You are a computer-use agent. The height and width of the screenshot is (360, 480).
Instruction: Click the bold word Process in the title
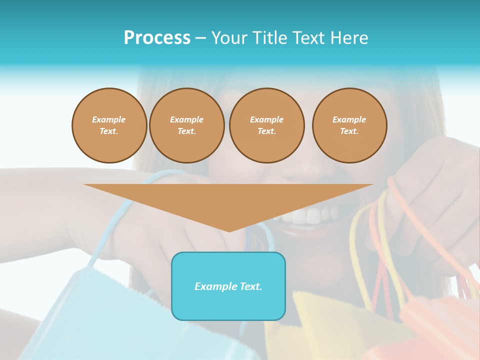(157, 38)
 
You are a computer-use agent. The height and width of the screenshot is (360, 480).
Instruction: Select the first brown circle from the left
(109, 125)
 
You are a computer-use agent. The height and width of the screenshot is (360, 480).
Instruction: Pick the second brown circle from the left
(186, 125)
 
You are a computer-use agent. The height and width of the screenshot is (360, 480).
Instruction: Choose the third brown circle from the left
(266, 125)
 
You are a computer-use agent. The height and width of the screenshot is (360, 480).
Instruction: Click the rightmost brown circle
(349, 125)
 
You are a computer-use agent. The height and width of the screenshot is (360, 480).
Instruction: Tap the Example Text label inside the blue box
(228, 286)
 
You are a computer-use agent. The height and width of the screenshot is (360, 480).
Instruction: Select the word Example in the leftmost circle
(109, 119)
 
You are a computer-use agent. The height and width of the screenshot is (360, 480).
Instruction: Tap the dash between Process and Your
(200, 38)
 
